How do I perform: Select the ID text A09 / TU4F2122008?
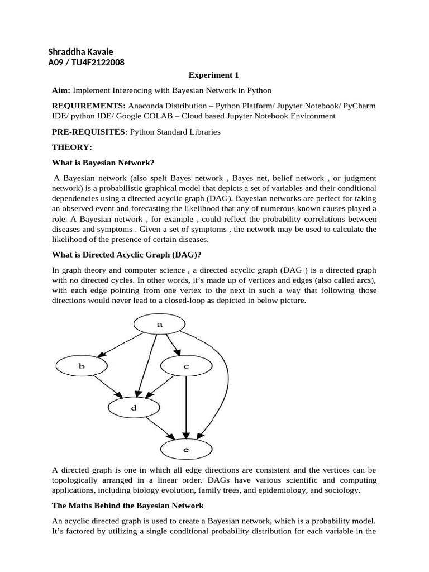click(x=86, y=62)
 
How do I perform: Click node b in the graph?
click(x=82, y=366)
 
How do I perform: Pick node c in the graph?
click(x=186, y=366)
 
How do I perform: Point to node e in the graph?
click(x=186, y=449)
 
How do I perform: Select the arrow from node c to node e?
click(x=186, y=408)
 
